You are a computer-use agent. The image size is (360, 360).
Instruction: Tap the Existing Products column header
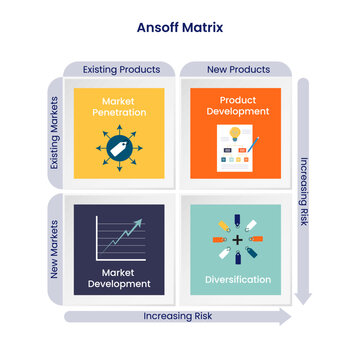tap(120, 69)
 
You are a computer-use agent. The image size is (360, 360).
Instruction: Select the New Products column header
tap(237, 69)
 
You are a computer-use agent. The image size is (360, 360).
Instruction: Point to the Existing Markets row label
tap(57, 131)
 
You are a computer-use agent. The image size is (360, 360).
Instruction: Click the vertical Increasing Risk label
tap(303, 190)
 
